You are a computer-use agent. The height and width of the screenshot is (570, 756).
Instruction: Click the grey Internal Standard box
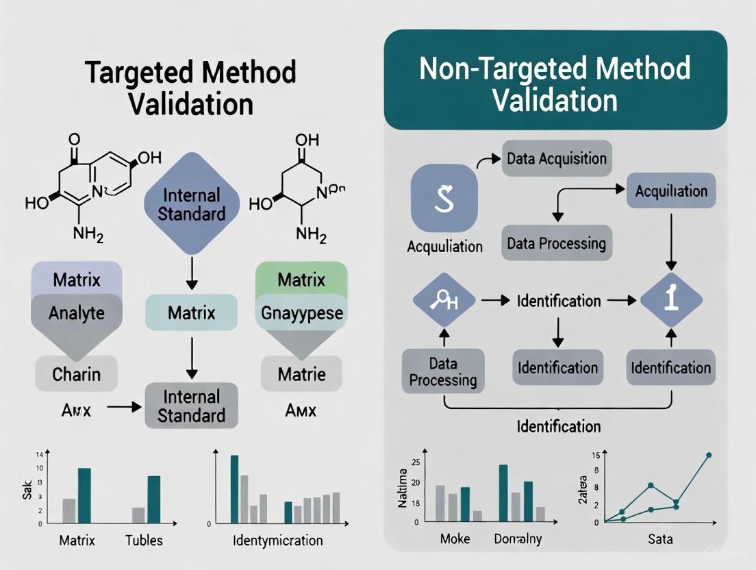[x=191, y=406]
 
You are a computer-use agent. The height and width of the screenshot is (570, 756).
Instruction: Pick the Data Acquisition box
[x=557, y=159]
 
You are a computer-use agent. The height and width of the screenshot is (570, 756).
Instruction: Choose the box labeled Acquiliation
[x=671, y=190]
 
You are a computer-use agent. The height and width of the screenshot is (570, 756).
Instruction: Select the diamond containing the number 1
[x=671, y=299]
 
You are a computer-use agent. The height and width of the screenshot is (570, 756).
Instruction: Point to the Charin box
[x=76, y=374]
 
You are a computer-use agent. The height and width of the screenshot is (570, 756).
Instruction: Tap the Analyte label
[x=77, y=313]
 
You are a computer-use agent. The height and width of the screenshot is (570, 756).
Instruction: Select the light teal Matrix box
[x=191, y=313]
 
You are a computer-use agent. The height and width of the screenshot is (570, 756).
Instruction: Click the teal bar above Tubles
[x=154, y=499]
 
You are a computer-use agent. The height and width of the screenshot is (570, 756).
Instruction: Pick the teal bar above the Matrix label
[x=85, y=495]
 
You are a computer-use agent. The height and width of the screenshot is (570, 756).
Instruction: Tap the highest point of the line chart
[x=709, y=455]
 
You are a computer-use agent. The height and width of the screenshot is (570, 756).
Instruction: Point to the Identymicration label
[x=277, y=541]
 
